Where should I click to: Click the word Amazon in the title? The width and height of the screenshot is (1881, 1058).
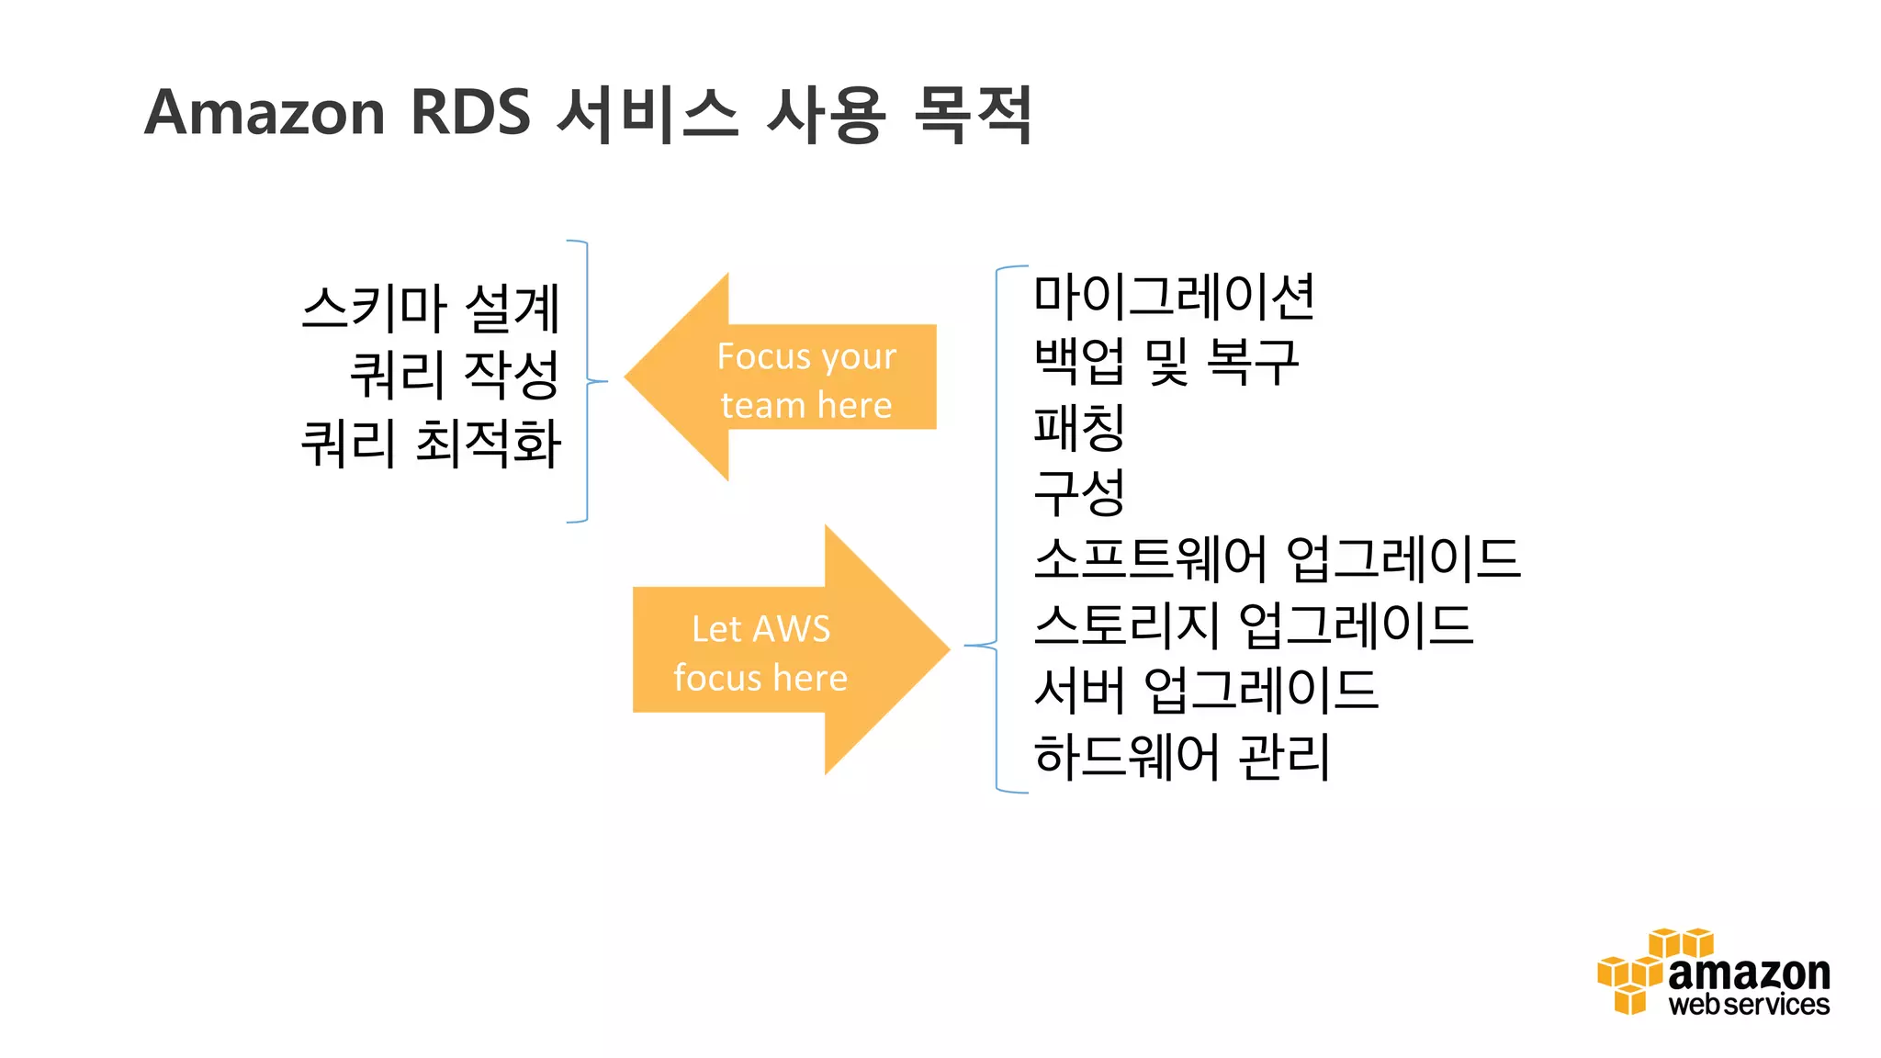point(265,114)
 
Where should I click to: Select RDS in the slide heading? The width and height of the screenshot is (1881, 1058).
point(470,114)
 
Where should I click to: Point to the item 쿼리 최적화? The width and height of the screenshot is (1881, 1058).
point(431,443)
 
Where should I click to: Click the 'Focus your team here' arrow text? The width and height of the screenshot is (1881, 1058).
point(805,380)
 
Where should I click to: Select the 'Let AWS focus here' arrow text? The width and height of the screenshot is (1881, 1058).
point(760,653)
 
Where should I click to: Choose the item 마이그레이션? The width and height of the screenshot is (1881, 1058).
point(1174,297)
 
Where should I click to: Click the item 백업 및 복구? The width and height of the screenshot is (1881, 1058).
point(1166,362)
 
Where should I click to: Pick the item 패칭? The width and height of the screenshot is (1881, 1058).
point(1079,428)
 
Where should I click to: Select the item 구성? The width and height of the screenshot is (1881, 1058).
point(1079,493)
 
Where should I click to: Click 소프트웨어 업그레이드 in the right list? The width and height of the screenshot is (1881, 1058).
point(1277,558)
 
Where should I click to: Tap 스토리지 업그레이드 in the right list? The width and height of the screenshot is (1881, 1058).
point(1253,625)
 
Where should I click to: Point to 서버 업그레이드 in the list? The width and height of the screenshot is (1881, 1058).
point(1205,691)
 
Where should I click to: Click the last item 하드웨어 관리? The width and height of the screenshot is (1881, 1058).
point(1181,757)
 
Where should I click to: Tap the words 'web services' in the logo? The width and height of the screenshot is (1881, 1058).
point(1749,1005)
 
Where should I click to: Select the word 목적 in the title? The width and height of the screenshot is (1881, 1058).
point(974,114)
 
